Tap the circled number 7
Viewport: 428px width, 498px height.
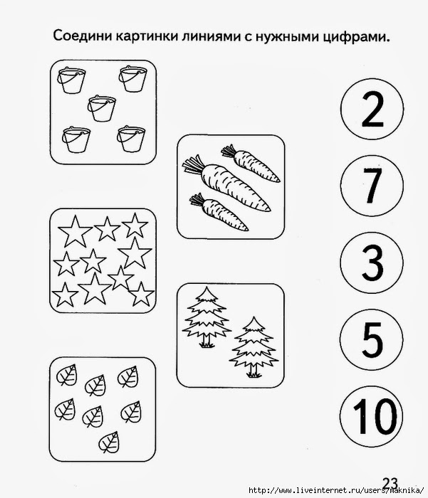click(372, 186)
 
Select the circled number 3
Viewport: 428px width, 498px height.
click(372, 263)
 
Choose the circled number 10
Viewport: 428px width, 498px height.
click(372, 416)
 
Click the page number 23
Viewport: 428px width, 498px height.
click(390, 483)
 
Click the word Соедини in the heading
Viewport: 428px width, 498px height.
click(82, 36)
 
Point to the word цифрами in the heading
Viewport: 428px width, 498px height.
click(356, 38)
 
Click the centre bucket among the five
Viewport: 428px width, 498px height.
click(101, 108)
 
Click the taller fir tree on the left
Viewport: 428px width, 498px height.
click(207, 317)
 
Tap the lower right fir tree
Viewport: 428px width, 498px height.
click(254, 347)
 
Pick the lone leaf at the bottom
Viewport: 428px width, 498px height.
click(109, 442)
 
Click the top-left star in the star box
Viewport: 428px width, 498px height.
click(75, 231)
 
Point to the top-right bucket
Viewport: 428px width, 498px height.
click(133, 79)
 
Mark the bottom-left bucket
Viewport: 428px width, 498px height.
click(76, 139)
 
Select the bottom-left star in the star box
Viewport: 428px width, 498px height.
click(66, 295)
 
